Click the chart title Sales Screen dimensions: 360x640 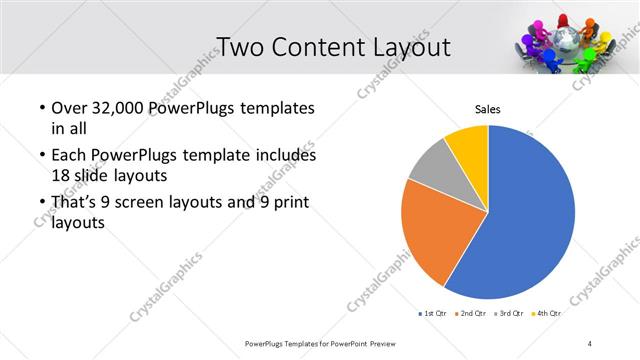487,109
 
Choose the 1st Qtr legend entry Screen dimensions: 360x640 431,314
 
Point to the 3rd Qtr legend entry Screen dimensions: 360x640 508,314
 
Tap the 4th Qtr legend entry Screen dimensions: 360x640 547,314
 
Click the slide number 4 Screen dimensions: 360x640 590,343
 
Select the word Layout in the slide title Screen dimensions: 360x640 405,47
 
